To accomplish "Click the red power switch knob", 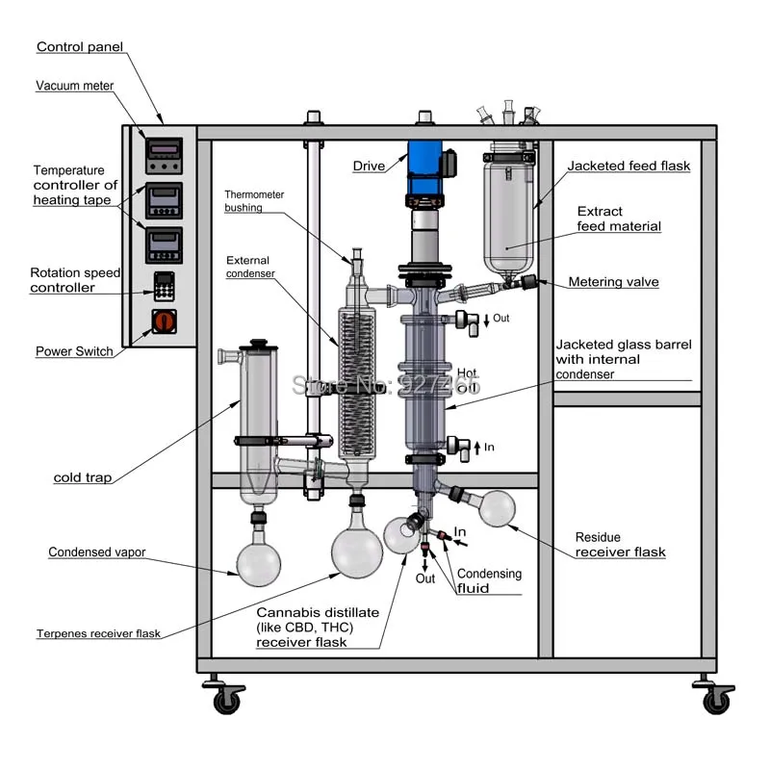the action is (x=164, y=321).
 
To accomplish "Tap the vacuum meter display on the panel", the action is (x=164, y=156).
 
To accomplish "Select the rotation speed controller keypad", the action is (x=164, y=286).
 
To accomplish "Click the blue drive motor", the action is (x=424, y=167).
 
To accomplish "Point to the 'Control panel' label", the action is (x=80, y=46).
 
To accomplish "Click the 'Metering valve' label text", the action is (x=613, y=282).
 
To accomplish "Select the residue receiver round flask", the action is (x=497, y=508).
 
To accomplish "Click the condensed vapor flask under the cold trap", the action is (x=259, y=564).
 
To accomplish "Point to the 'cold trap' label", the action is (x=83, y=477).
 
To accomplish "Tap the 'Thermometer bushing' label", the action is (x=254, y=201).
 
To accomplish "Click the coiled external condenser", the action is (x=357, y=382).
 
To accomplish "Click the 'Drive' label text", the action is (x=369, y=166).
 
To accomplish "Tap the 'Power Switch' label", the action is (x=74, y=351).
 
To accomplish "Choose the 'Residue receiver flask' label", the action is (x=620, y=545).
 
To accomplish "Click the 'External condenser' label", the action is (x=250, y=267).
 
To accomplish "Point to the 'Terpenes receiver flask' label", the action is (x=98, y=633).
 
